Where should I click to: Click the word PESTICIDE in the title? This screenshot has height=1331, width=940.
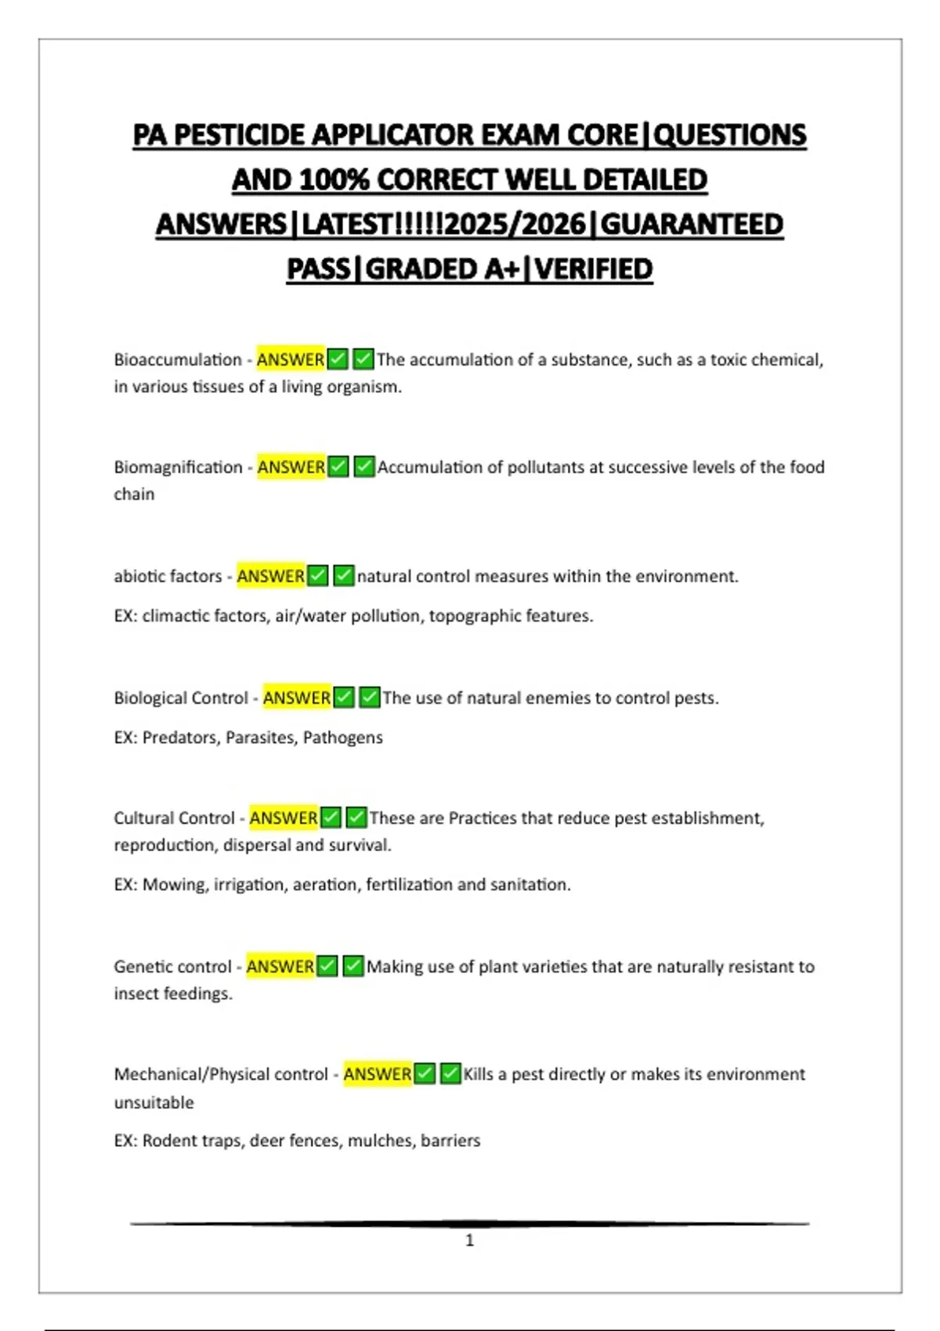[239, 135]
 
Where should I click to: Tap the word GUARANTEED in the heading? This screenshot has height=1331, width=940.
[692, 225]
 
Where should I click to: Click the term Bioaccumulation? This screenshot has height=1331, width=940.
[178, 360]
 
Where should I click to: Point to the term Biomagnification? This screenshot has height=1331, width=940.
[178, 467]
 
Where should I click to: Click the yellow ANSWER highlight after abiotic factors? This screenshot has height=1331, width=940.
[270, 576]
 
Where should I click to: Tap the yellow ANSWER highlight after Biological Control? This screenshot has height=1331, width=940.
[296, 698]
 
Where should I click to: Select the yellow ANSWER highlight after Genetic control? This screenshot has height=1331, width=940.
[280, 967]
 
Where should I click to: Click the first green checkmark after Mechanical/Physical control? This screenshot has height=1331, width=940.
[425, 1074]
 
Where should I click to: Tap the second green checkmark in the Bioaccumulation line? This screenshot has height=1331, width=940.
[363, 360]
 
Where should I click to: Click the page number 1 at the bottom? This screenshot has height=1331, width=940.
[469, 1240]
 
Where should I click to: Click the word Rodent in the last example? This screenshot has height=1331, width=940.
[168, 1141]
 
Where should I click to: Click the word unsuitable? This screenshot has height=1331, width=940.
[154, 1102]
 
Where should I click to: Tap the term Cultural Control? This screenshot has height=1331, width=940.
[174, 818]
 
